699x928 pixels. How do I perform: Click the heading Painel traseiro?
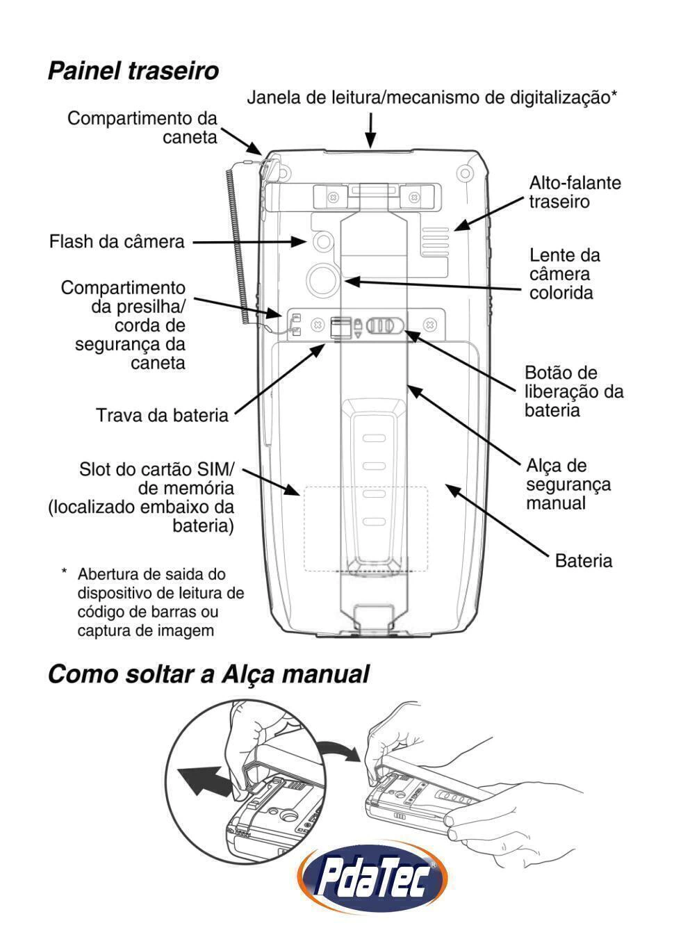point(133,71)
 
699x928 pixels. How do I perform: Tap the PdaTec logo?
point(372,880)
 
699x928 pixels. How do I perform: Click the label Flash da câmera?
point(117,242)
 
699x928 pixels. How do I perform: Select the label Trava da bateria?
point(162,416)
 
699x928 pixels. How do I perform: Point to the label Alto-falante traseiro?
point(575,193)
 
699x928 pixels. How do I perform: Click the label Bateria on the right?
point(583,561)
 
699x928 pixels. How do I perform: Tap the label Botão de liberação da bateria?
point(574,391)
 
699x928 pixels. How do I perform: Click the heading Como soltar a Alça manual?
point(208,674)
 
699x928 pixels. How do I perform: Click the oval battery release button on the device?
point(384,325)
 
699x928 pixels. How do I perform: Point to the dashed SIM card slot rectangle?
point(365,528)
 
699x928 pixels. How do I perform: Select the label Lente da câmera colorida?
point(564,274)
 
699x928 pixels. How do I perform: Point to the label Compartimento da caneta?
point(142,127)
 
